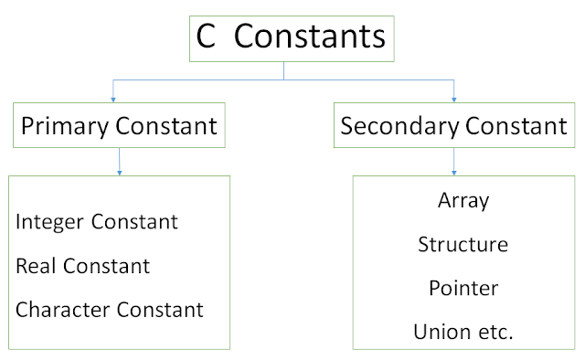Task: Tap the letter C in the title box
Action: (207, 38)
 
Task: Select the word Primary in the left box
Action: (65, 126)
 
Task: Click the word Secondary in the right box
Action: (396, 126)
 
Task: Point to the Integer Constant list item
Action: (97, 221)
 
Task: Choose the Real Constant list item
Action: (82, 266)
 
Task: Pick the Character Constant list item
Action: (110, 310)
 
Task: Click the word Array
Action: (463, 200)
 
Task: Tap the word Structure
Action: (463, 244)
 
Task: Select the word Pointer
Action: (463, 288)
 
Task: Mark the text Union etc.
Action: (463, 332)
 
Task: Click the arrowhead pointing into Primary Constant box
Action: (113, 97)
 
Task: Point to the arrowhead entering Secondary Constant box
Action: (454, 97)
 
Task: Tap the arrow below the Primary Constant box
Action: (120, 163)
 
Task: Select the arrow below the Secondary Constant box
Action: (454, 163)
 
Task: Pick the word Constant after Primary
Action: (167, 126)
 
